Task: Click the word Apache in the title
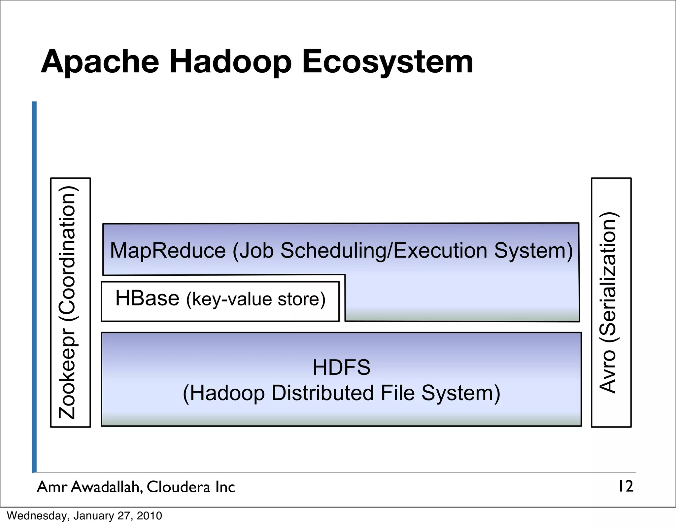(x=100, y=62)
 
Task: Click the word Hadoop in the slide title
(x=230, y=62)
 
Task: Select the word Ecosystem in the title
(x=388, y=62)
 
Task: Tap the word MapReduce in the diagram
(x=168, y=251)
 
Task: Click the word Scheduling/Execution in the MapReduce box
(x=384, y=251)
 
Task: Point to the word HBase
(x=147, y=298)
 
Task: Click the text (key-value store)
(x=256, y=299)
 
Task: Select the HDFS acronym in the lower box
(x=341, y=368)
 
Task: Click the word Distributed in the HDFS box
(x=322, y=393)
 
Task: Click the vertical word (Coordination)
(x=68, y=254)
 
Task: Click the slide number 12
(x=625, y=486)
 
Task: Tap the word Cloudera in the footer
(x=178, y=487)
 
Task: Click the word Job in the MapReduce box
(x=256, y=251)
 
